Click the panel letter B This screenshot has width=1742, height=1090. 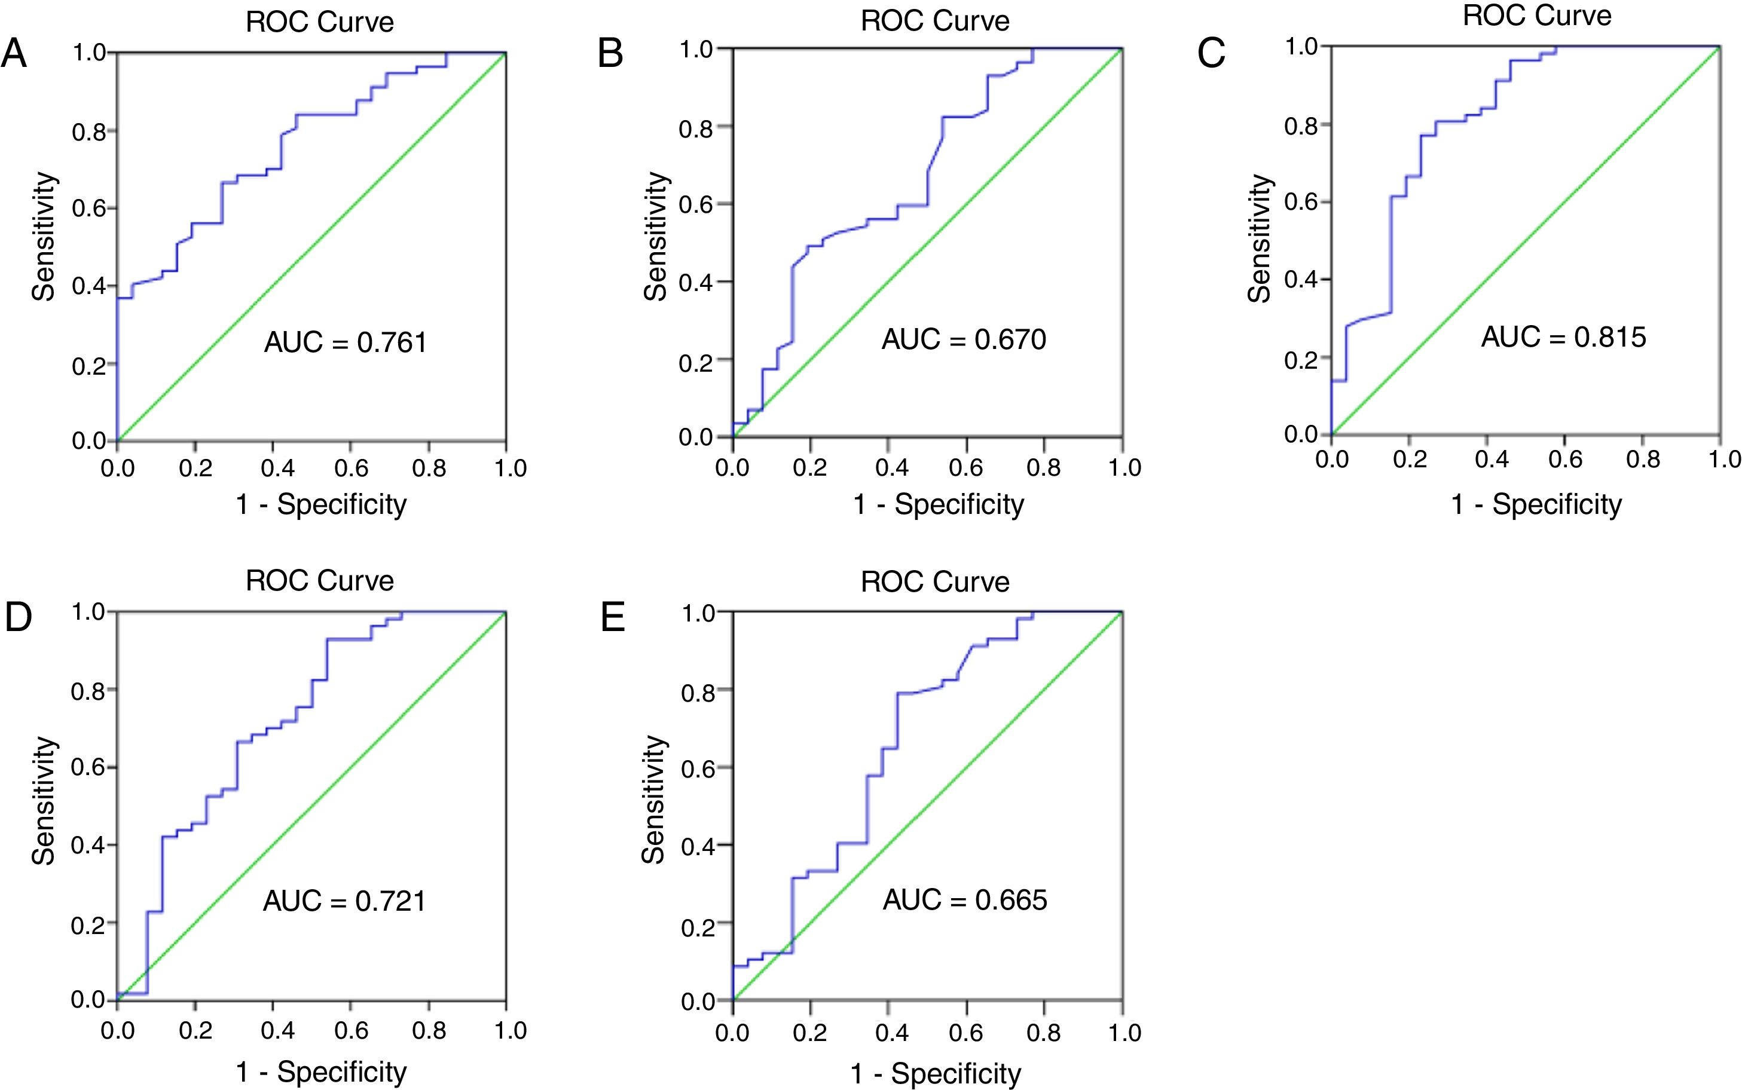tap(610, 54)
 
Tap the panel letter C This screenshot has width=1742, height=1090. tap(1211, 54)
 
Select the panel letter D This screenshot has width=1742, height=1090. tap(18, 618)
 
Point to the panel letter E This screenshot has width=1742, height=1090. tap(613, 618)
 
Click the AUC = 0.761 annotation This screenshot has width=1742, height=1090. tap(346, 342)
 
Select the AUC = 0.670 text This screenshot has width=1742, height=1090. tap(963, 339)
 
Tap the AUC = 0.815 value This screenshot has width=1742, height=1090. tap(1563, 336)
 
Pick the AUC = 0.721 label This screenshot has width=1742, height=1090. tap(344, 901)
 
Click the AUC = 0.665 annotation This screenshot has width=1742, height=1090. tap(965, 900)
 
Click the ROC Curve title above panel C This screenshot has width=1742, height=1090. tap(1536, 16)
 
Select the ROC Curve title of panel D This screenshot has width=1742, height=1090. tap(319, 580)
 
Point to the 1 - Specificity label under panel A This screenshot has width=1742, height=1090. tap(321, 504)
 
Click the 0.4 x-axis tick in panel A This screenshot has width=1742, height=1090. tap(277, 469)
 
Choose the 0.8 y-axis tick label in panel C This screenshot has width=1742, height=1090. tap(1301, 126)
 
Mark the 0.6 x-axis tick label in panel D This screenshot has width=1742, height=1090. tap(351, 1030)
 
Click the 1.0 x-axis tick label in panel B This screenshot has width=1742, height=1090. tap(1124, 468)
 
